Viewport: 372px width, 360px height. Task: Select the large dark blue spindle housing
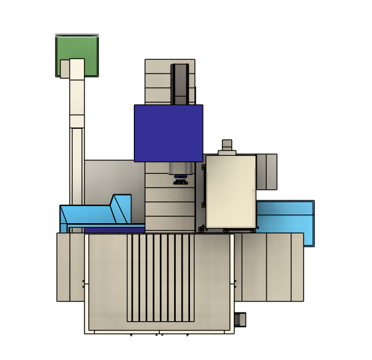[x=168, y=133]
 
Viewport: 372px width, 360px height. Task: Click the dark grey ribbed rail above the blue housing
[x=180, y=84]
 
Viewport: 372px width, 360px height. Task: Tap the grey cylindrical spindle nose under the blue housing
[x=180, y=168]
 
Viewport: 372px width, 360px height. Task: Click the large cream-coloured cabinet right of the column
[x=230, y=191]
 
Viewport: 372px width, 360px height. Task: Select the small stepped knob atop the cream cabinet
[x=227, y=147]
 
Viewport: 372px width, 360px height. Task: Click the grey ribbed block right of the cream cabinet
[x=267, y=171]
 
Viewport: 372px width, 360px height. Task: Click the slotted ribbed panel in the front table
[x=160, y=277]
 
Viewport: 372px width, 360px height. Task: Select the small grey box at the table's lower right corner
[x=241, y=319]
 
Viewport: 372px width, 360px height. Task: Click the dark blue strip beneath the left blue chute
[x=114, y=230]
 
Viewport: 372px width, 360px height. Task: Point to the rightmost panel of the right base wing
[x=297, y=267]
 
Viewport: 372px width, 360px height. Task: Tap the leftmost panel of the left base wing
[x=63, y=267]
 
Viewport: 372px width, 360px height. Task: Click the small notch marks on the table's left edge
[x=84, y=284]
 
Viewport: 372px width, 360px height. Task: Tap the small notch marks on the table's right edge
[x=235, y=284]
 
